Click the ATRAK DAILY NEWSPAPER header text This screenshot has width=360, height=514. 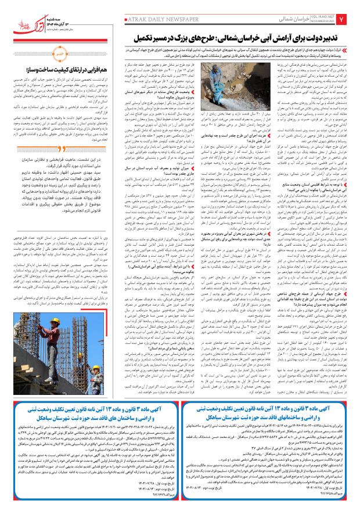[155, 20]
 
